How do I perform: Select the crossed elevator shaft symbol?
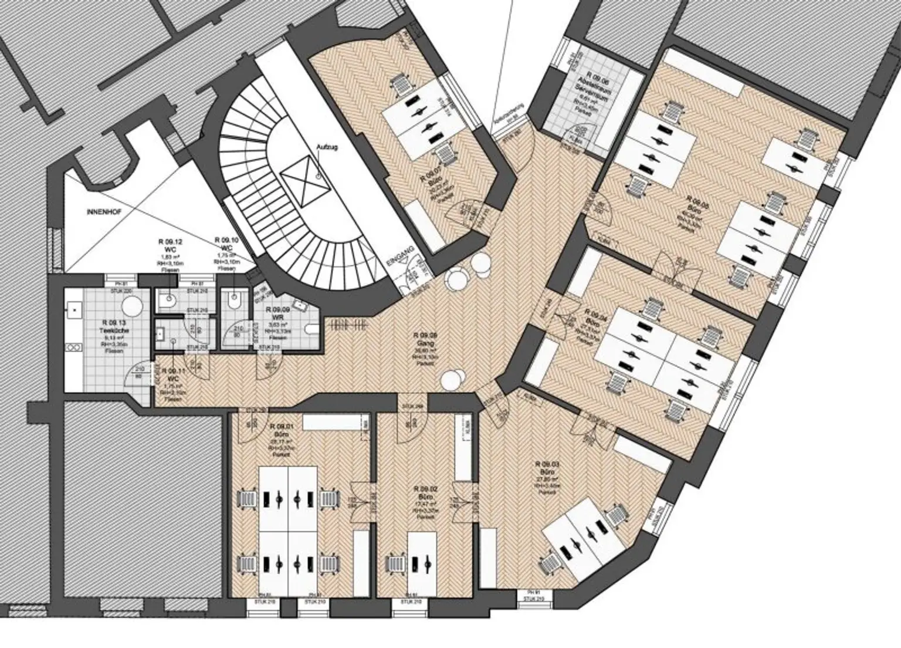(303, 181)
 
